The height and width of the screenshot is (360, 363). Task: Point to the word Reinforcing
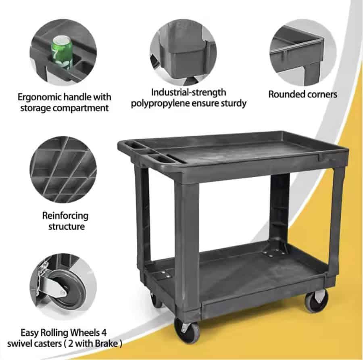pyautogui.click(x=65, y=216)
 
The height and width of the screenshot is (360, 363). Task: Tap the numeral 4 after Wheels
pyautogui.click(x=104, y=333)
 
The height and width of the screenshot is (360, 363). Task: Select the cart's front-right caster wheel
pyautogui.click(x=316, y=301)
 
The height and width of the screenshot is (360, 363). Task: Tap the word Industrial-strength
pyautogui.click(x=188, y=92)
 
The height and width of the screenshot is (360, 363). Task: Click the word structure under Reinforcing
pyautogui.click(x=67, y=226)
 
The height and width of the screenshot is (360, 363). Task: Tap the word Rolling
pyautogui.click(x=54, y=333)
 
